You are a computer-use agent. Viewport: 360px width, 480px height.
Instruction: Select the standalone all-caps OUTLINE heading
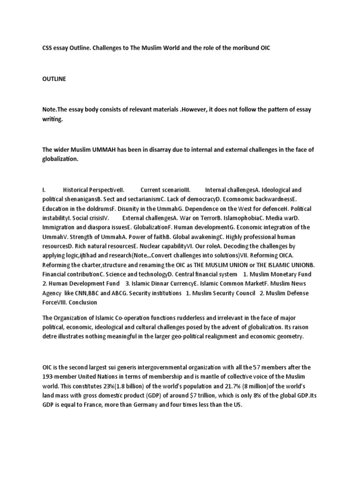54,79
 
